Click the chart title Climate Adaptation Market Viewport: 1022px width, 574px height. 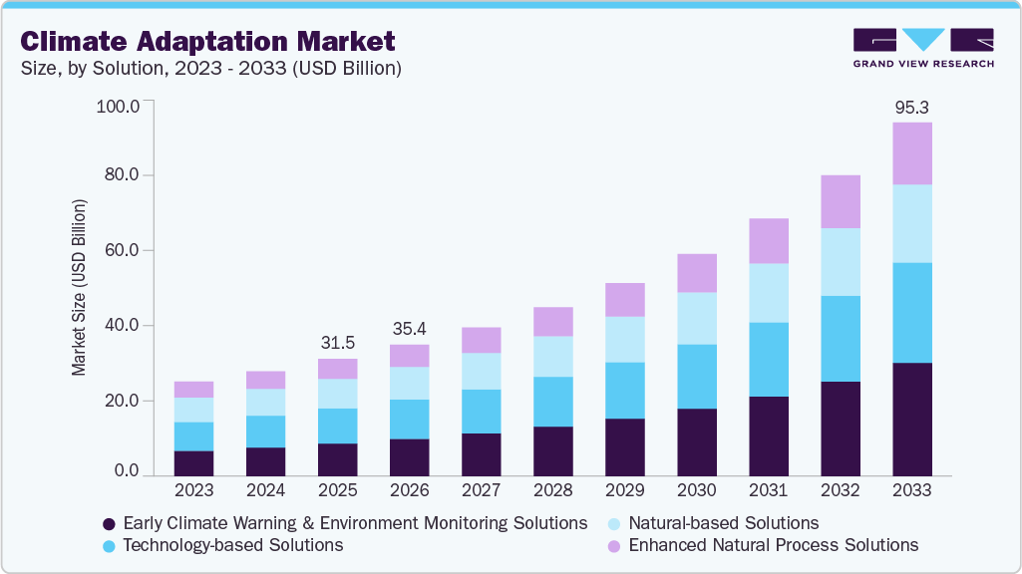[207, 42]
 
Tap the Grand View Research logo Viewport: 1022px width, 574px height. [923, 47]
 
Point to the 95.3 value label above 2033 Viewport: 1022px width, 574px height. [911, 107]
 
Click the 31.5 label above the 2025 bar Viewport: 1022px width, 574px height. [337, 343]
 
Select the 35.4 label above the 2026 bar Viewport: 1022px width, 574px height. [409, 329]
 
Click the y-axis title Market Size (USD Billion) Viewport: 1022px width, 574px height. [79, 287]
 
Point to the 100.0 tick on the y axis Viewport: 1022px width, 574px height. [119, 105]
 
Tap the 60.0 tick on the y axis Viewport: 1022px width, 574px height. [123, 250]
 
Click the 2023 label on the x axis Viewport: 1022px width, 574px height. [193, 490]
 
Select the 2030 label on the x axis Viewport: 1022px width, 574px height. [696, 490]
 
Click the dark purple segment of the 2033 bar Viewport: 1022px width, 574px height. [911, 419]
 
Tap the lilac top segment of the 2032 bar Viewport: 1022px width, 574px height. [840, 201]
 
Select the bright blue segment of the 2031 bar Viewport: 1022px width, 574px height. [768, 359]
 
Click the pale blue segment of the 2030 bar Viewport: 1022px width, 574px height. [696, 318]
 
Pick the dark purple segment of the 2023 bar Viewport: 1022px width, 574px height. [193, 463]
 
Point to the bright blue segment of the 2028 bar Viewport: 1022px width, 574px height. [552, 401]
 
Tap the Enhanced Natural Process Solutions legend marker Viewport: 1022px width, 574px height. [616, 546]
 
